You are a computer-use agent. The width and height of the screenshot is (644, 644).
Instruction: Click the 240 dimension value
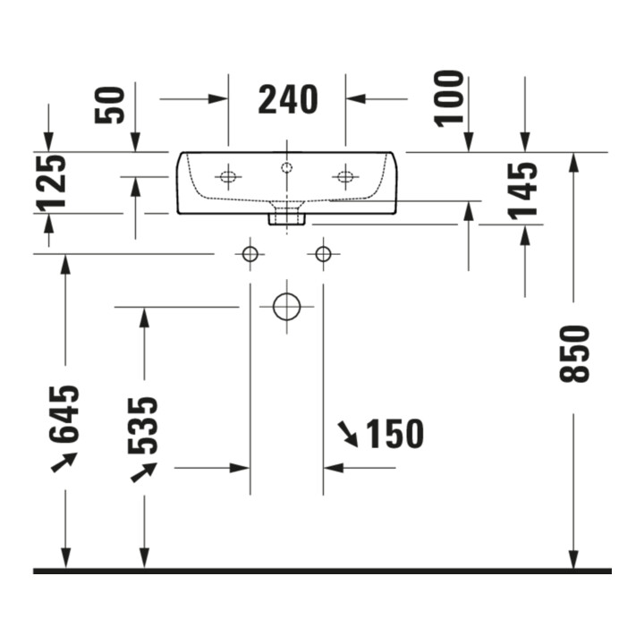coord(288,99)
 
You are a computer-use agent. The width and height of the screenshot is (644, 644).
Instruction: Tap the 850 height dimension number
coord(574,353)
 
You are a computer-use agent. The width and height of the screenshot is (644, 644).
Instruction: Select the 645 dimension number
coord(64,414)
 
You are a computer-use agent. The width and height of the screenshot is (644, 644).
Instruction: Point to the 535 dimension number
coord(142,426)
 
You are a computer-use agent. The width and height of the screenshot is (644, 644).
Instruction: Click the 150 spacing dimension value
coord(394,434)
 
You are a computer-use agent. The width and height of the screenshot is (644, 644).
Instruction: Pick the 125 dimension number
coord(51,181)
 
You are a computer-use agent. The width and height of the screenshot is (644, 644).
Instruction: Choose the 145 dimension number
coord(522,191)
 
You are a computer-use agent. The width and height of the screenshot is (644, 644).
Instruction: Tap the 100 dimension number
coord(449,98)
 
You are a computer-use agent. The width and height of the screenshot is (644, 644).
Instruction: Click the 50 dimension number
coord(109,105)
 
